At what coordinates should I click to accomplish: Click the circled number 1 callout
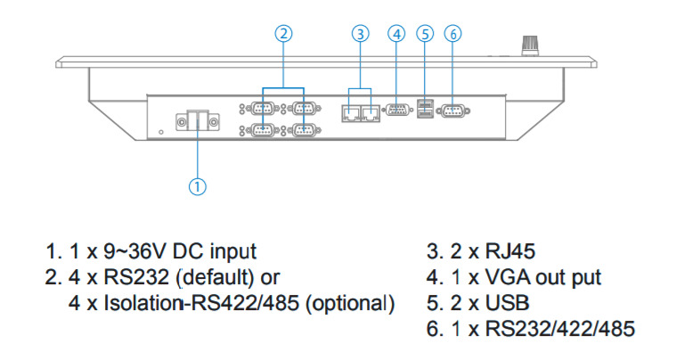tap(198, 186)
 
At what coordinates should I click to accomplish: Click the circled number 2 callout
tap(283, 34)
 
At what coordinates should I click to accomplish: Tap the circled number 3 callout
tap(360, 34)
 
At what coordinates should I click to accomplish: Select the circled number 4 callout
tap(397, 34)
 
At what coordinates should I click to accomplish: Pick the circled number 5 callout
tap(425, 34)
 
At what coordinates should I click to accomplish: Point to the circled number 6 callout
tap(452, 34)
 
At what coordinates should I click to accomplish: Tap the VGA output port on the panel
tap(395, 112)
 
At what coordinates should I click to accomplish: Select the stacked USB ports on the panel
tap(425, 110)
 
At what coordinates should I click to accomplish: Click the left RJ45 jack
tap(350, 114)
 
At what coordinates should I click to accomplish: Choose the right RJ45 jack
tap(370, 114)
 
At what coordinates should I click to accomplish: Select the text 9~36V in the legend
tap(142, 252)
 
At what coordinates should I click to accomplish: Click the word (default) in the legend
tap(219, 277)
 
